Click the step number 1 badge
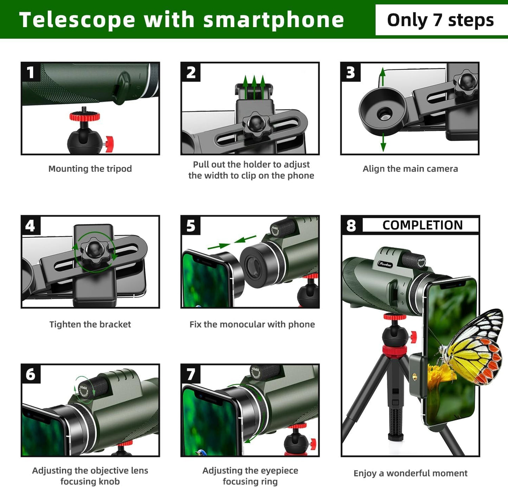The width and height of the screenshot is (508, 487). tap(31, 72)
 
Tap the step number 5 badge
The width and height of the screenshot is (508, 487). tap(191, 225)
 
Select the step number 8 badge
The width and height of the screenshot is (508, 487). tap(351, 225)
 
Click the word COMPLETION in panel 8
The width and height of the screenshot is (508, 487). tap(422, 225)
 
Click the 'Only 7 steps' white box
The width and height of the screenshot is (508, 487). tap(440, 20)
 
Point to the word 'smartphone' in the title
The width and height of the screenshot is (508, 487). tap(274, 20)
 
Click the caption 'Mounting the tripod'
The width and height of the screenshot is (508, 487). tap(90, 169)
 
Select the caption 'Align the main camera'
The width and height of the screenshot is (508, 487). tap(410, 169)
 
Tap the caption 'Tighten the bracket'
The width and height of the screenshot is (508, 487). tap(90, 324)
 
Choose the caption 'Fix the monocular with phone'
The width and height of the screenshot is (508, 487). tap(252, 324)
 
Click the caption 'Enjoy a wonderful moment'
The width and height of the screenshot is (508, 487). tap(410, 473)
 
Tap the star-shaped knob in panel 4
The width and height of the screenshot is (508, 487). tap(94, 251)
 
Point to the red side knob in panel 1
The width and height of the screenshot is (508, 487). tap(109, 144)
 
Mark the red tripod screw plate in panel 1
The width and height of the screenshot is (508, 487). tap(84, 116)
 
